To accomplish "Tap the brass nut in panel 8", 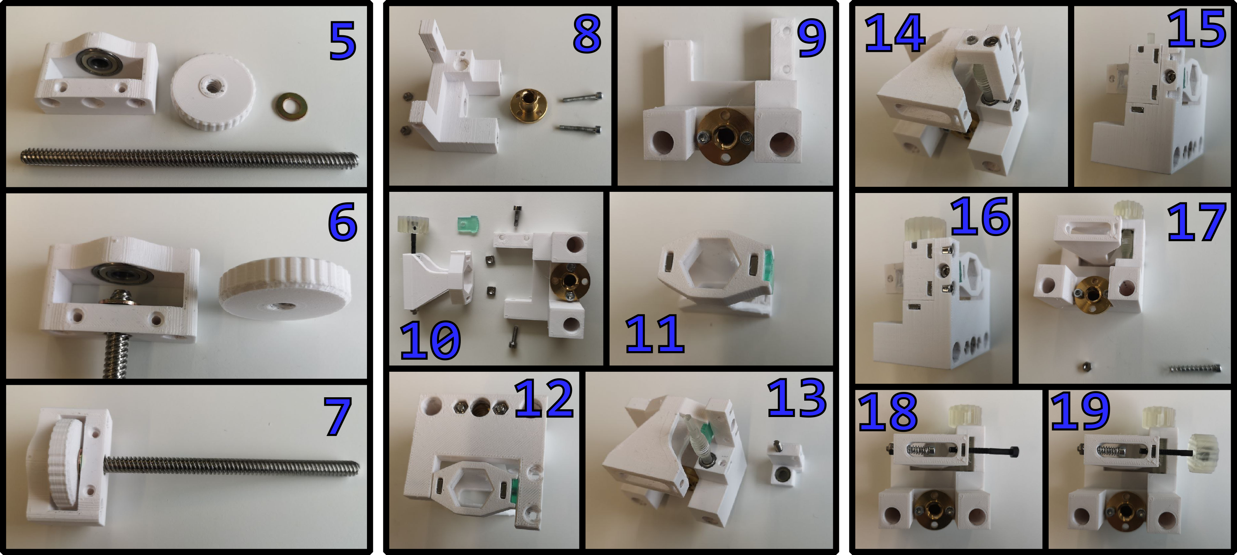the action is coord(528,104).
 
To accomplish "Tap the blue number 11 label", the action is coord(655,334).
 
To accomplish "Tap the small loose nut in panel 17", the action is coord(1086,367).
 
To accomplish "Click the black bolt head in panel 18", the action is coord(1014,451).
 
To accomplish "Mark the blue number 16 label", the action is coord(980,217).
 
